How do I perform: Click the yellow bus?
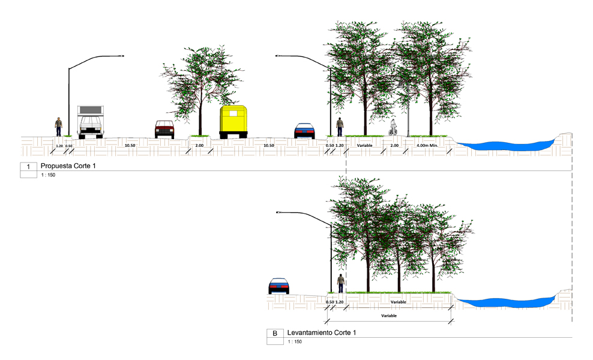click(x=233, y=122)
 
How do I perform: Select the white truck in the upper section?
click(x=91, y=122)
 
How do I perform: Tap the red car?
click(x=164, y=130)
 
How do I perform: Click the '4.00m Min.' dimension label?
click(x=427, y=145)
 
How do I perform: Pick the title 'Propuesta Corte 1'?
click(x=68, y=166)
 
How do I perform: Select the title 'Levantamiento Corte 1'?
click(x=322, y=333)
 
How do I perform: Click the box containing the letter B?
click(x=275, y=333)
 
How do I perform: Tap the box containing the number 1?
click(x=28, y=166)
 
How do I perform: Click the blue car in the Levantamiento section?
click(x=278, y=286)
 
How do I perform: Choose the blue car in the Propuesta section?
click(x=304, y=131)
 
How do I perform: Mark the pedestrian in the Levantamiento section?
click(x=341, y=283)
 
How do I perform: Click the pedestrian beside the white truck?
click(x=59, y=127)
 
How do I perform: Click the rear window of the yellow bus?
click(x=233, y=113)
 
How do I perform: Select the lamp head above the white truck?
click(x=121, y=56)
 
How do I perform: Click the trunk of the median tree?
click(x=200, y=113)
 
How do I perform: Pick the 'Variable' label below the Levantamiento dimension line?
click(x=389, y=316)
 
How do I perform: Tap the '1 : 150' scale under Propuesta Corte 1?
click(x=48, y=175)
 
